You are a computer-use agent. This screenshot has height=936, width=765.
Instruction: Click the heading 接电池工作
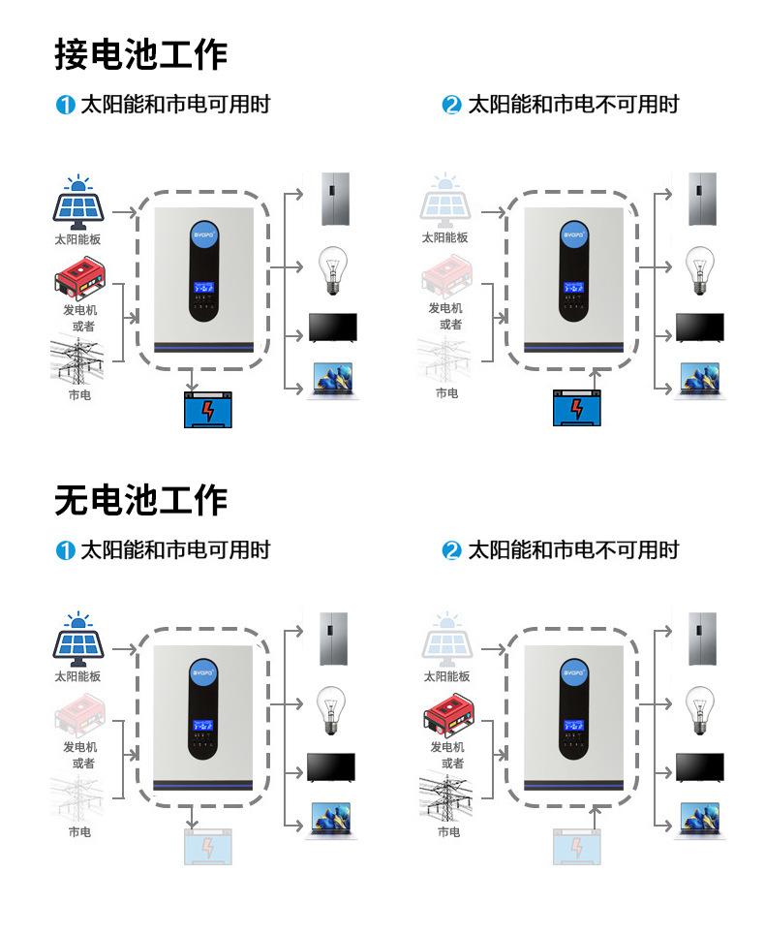[140, 54]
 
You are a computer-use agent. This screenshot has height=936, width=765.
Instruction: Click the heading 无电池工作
[140, 500]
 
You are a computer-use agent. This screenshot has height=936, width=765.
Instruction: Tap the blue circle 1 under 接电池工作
[65, 106]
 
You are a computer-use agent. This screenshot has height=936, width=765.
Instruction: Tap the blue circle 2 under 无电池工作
[451, 551]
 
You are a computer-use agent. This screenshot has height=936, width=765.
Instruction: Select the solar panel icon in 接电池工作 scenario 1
[77, 201]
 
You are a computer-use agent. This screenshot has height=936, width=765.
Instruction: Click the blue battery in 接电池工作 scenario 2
[577, 407]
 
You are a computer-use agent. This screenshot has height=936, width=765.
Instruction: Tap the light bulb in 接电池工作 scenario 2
[700, 270]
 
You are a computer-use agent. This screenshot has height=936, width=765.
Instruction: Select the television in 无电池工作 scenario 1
[331, 767]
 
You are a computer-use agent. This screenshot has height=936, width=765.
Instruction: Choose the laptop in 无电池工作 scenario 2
[700, 820]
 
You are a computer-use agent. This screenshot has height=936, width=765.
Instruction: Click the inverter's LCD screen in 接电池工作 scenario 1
[204, 289]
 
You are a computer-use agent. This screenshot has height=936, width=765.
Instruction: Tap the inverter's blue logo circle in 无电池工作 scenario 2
[577, 671]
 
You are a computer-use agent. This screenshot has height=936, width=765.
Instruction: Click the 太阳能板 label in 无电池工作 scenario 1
[77, 676]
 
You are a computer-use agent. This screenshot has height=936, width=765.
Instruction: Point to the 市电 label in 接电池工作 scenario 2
[446, 393]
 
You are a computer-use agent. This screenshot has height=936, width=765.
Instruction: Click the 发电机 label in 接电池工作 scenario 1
[80, 309]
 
